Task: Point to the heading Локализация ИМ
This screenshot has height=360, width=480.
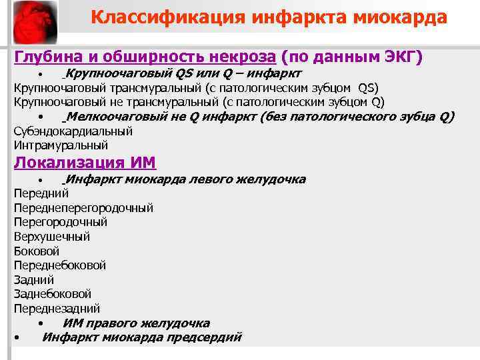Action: (x=85, y=163)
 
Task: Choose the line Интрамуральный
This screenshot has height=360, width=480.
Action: (x=61, y=145)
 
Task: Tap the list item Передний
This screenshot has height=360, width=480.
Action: (x=41, y=193)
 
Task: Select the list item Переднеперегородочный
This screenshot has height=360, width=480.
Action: (x=83, y=208)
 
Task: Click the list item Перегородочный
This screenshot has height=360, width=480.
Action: (x=60, y=222)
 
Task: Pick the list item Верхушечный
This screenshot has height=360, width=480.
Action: (x=52, y=237)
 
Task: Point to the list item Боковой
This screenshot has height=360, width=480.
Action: (x=37, y=251)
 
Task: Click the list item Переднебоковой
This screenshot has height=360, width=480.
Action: (x=60, y=265)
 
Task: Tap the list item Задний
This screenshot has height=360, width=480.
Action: (x=34, y=280)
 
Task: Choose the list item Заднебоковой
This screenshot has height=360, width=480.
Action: (x=53, y=294)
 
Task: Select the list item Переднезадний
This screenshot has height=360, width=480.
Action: (x=57, y=309)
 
